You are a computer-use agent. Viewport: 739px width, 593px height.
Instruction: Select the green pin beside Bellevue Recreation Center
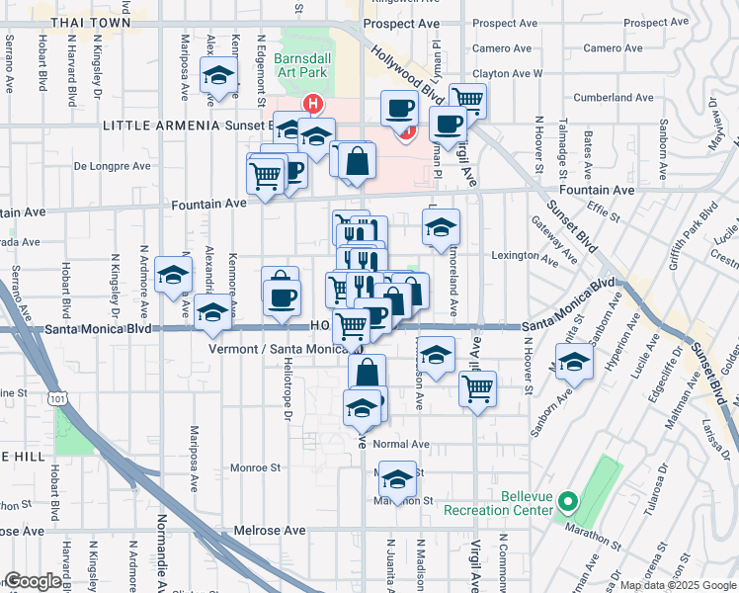(566, 502)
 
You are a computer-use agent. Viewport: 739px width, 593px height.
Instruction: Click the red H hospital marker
(313, 103)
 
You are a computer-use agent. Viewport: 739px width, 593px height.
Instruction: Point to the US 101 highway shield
(59, 398)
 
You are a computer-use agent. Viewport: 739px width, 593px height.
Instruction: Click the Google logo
(33, 581)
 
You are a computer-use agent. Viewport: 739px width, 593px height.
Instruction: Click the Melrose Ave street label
(270, 531)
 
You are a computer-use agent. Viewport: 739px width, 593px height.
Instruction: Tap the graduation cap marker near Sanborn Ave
(573, 363)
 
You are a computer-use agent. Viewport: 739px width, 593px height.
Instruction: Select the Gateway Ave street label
(565, 242)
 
